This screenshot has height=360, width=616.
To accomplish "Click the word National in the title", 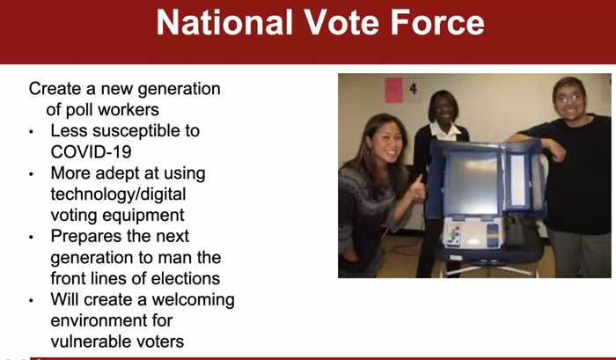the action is click(224, 22).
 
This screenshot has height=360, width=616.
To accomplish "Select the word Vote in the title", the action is click(341, 22).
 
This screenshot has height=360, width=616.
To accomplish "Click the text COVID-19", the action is click(91, 151).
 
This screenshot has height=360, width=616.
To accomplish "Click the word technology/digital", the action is click(118, 195).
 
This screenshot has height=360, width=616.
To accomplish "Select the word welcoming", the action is click(194, 300).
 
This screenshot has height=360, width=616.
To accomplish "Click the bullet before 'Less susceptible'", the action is click(32, 132).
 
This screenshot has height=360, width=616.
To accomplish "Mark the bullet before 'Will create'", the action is click(32, 301).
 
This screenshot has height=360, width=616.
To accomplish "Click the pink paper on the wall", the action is click(393, 90).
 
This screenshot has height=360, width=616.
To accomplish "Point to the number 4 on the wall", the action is click(413, 88).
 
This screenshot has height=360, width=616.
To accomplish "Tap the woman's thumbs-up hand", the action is click(416, 189).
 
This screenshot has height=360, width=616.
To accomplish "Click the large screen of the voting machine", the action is click(473, 184).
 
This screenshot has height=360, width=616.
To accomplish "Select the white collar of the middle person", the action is click(445, 132).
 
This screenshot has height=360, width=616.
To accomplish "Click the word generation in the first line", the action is click(180, 89).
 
